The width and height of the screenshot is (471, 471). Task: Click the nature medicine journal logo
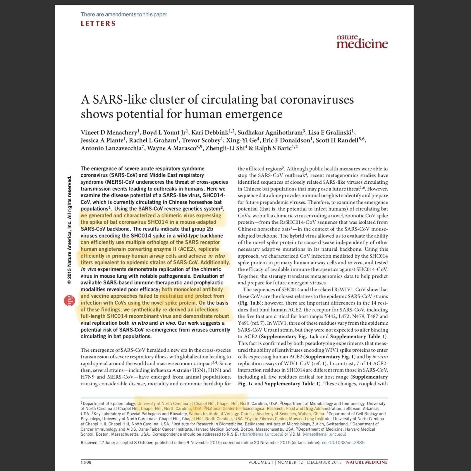click(x=362, y=42)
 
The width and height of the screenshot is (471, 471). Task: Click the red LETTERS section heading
click(x=98, y=24)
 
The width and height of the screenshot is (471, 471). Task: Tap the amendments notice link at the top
click(x=124, y=14)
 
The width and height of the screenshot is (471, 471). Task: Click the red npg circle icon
click(x=70, y=301)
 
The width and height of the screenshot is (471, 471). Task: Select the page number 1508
click(x=86, y=462)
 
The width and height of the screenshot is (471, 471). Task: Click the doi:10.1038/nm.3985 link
click(x=343, y=442)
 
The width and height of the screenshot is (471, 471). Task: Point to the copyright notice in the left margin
click(x=69, y=230)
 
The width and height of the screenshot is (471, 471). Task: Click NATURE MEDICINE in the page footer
click(x=367, y=462)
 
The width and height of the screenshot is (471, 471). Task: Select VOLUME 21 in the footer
click(x=261, y=462)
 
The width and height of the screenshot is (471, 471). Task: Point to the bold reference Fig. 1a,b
click(x=248, y=303)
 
